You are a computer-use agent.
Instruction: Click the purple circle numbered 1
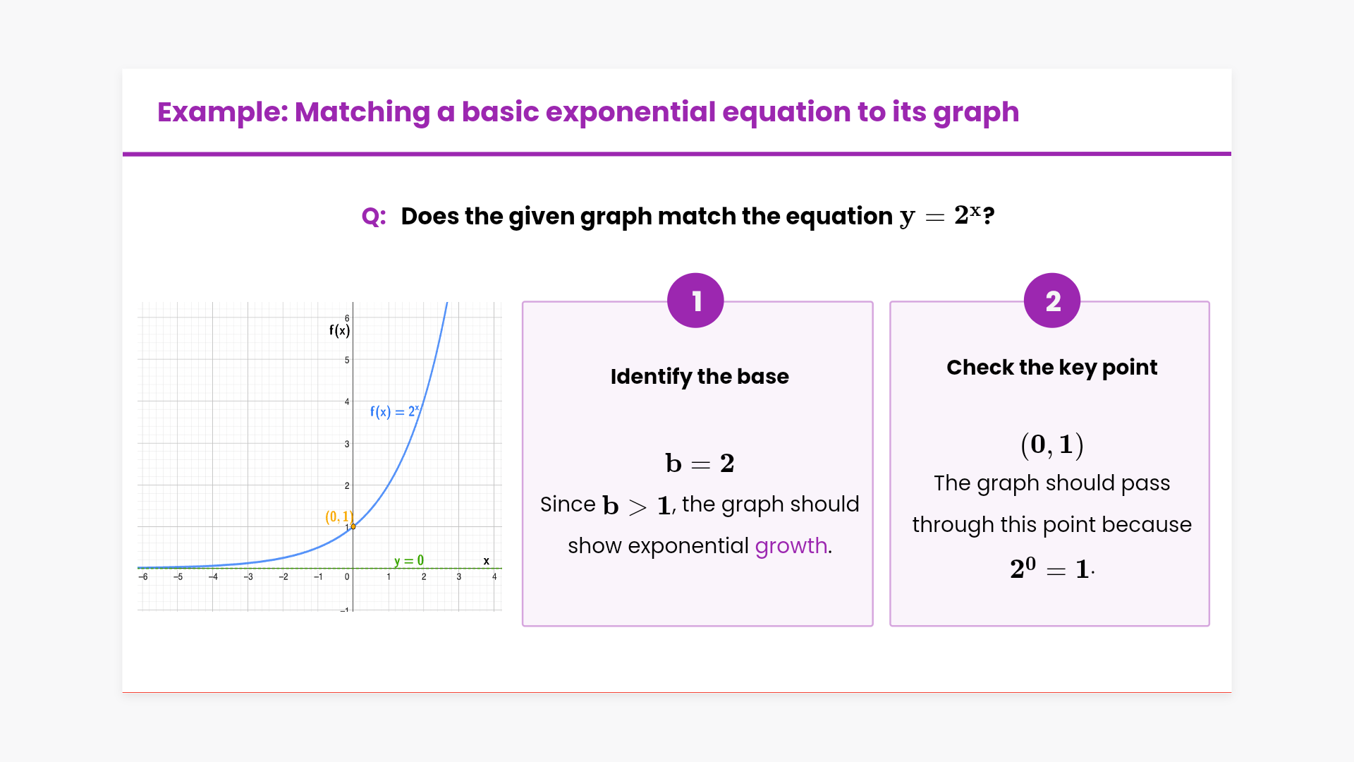[x=695, y=301]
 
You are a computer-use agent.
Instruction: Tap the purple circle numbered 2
[x=1052, y=301]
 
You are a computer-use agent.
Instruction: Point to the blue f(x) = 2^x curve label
[x=395, y=411]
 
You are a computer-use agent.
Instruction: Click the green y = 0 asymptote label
[x=409, y=561]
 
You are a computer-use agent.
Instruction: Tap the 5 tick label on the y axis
[x=347, y=360]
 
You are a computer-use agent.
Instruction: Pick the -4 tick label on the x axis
[x=213, y=577]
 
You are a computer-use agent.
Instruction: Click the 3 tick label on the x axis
[x=459, y=577]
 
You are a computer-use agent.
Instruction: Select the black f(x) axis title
[x=339, y=330]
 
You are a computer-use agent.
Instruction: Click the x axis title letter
[x=487, y=562]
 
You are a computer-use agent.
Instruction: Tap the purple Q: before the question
[x=374, y=217]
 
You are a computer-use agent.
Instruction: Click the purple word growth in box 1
[x=791, y=547]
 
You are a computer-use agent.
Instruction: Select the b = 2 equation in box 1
[x=700, y=464]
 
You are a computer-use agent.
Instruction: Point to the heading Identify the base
[x=700, y=377]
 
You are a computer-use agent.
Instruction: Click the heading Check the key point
[x=1052, y=368]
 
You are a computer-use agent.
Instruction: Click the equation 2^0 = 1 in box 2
[x=1051, y=569]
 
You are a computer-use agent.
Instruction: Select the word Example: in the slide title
[x=223, y=112]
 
